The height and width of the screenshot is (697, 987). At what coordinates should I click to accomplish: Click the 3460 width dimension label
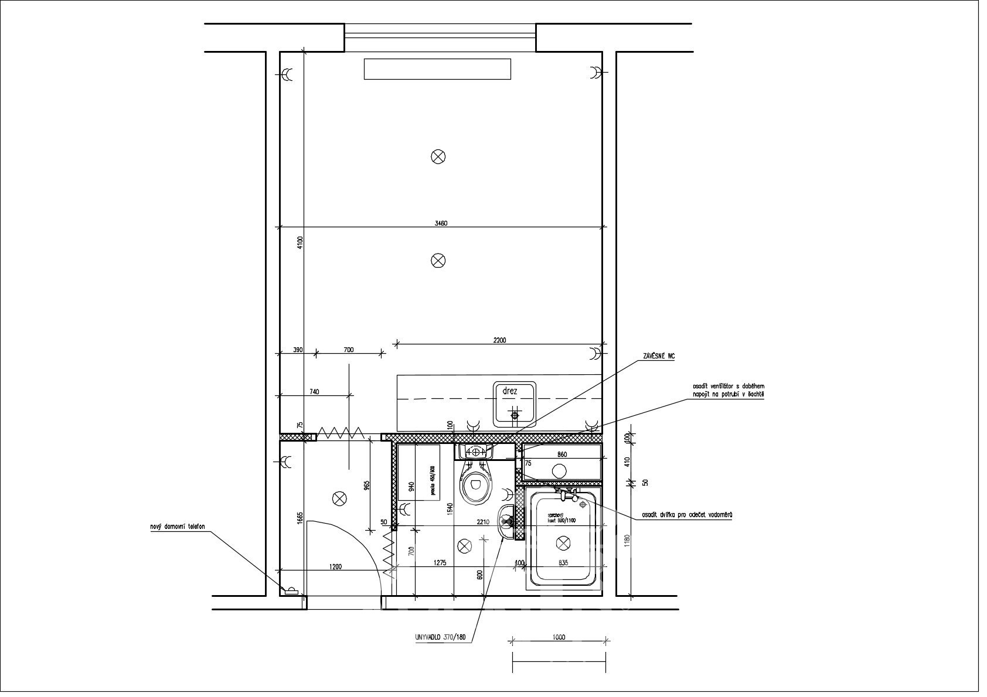(x=442, y=223)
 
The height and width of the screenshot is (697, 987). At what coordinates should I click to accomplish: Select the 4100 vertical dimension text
(x=299, y=243)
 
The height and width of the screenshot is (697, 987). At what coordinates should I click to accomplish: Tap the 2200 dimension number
(x=499, y=340)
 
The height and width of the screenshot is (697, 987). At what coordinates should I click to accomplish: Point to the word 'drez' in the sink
(x=509, y=391)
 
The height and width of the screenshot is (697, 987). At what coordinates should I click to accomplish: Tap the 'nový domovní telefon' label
(x=178, y=527)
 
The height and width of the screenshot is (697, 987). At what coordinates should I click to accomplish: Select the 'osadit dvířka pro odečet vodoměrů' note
(x=687, y=515)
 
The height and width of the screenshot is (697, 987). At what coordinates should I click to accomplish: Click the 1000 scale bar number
(x=559, y=637)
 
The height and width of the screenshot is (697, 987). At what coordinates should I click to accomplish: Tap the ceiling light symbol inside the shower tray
(x=562, y=544)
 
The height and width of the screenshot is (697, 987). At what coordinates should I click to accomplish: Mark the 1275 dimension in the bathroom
(x=440, y=563)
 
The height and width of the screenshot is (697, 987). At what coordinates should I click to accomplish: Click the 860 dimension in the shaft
(x=561, y=455)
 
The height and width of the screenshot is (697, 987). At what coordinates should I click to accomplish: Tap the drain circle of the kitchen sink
(x=515, y=415)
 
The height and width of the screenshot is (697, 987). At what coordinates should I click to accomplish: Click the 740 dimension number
(x=314, y=392)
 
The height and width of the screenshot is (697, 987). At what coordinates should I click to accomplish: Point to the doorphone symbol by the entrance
(x=290, y=590)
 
